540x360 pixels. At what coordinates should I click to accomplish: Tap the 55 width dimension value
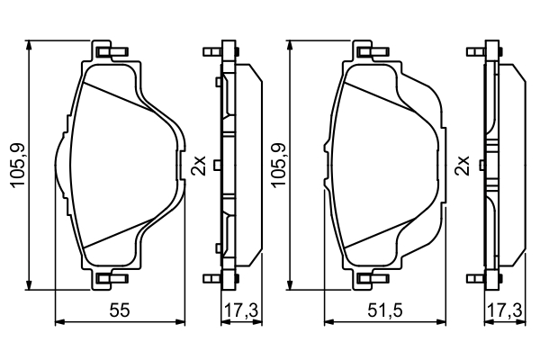point(117,311)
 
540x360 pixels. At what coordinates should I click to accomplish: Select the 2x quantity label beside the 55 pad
point(199,165)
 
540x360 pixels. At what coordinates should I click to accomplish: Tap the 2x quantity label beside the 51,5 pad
point(463,165)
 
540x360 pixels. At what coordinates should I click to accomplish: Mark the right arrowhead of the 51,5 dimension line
point(441,320)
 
